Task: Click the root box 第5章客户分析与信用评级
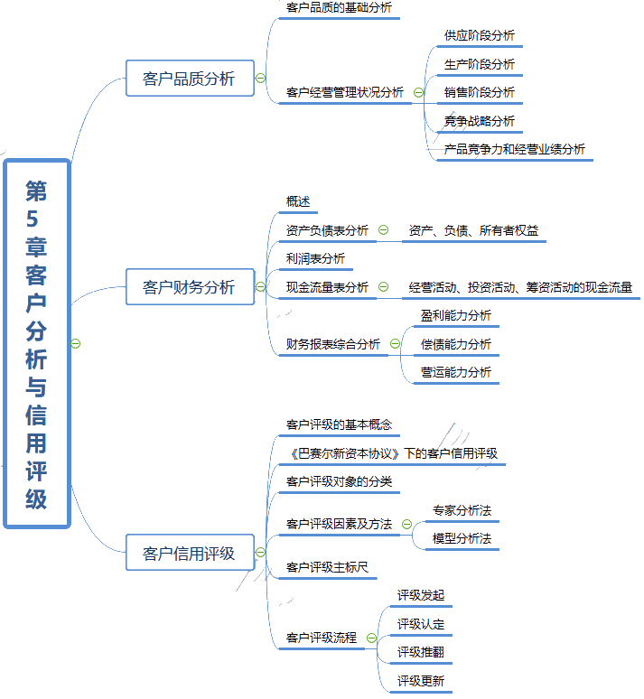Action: tap(37, 343)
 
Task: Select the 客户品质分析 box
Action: tap(189, 79)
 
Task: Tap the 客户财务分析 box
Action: tap(189, 287)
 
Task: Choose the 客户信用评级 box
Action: tap(189, 553)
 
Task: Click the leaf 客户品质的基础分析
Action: tap(339, 8)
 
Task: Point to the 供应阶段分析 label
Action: tap(480, 36)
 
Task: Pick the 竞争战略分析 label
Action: tap(480, 121)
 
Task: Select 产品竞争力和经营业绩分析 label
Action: tap(515, 149)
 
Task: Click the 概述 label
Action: tap(298, 202)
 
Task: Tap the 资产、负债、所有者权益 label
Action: tap(473, 230)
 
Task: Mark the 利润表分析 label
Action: tap(315, 259)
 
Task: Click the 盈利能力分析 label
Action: tap(456, 315)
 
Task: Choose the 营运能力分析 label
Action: tap(456, 372)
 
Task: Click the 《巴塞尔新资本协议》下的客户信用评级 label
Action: tap(391, 454)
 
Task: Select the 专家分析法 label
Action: tap(462, 511)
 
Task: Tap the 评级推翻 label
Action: tap(421, 652)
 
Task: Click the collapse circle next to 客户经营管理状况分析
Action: tap(418, 92)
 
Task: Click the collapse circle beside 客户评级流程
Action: tap(371, 638)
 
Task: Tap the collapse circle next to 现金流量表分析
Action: tap(383, 287)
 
